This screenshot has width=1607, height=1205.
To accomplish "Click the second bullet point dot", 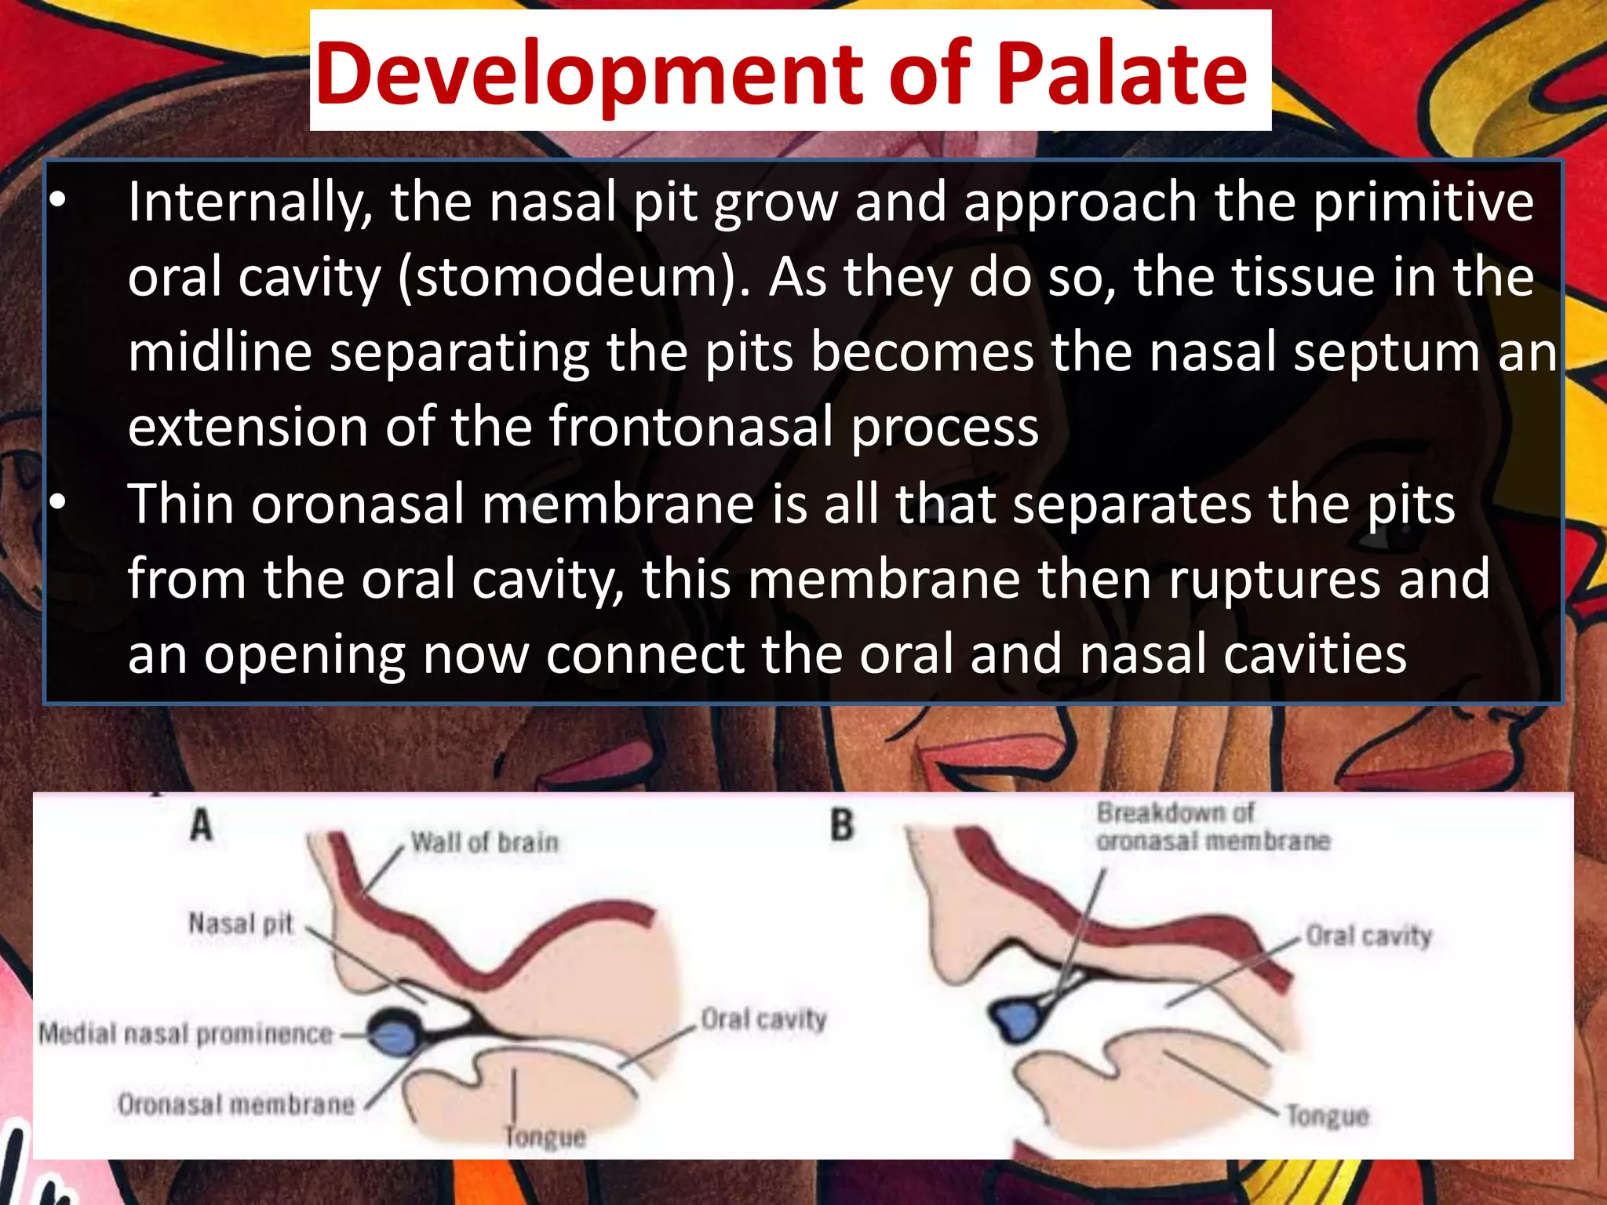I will click(x=58, y=504).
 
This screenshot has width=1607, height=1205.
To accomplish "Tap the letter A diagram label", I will click(x=202, y=825).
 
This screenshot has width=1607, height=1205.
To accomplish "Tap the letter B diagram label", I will click(x=841, y=825).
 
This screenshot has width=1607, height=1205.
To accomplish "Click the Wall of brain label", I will click(x=485, y=843).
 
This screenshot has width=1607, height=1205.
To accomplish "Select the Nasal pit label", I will click(x=241, y=923).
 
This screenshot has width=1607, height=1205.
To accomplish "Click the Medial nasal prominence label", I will click(x=186, y=1034).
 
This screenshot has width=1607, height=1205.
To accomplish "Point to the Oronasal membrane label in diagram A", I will click(x=236, y=1105).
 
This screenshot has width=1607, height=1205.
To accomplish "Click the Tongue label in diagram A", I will click(x=545, y=1137).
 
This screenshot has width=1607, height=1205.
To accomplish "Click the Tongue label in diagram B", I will click(x=1327, y=1115).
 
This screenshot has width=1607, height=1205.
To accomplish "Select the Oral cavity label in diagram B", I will click(x=1368, y=936).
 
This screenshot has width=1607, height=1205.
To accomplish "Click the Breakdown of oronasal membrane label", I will click(x=1212, y=827).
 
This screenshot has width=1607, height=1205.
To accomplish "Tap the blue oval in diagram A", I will click(x=394, y=1035).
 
